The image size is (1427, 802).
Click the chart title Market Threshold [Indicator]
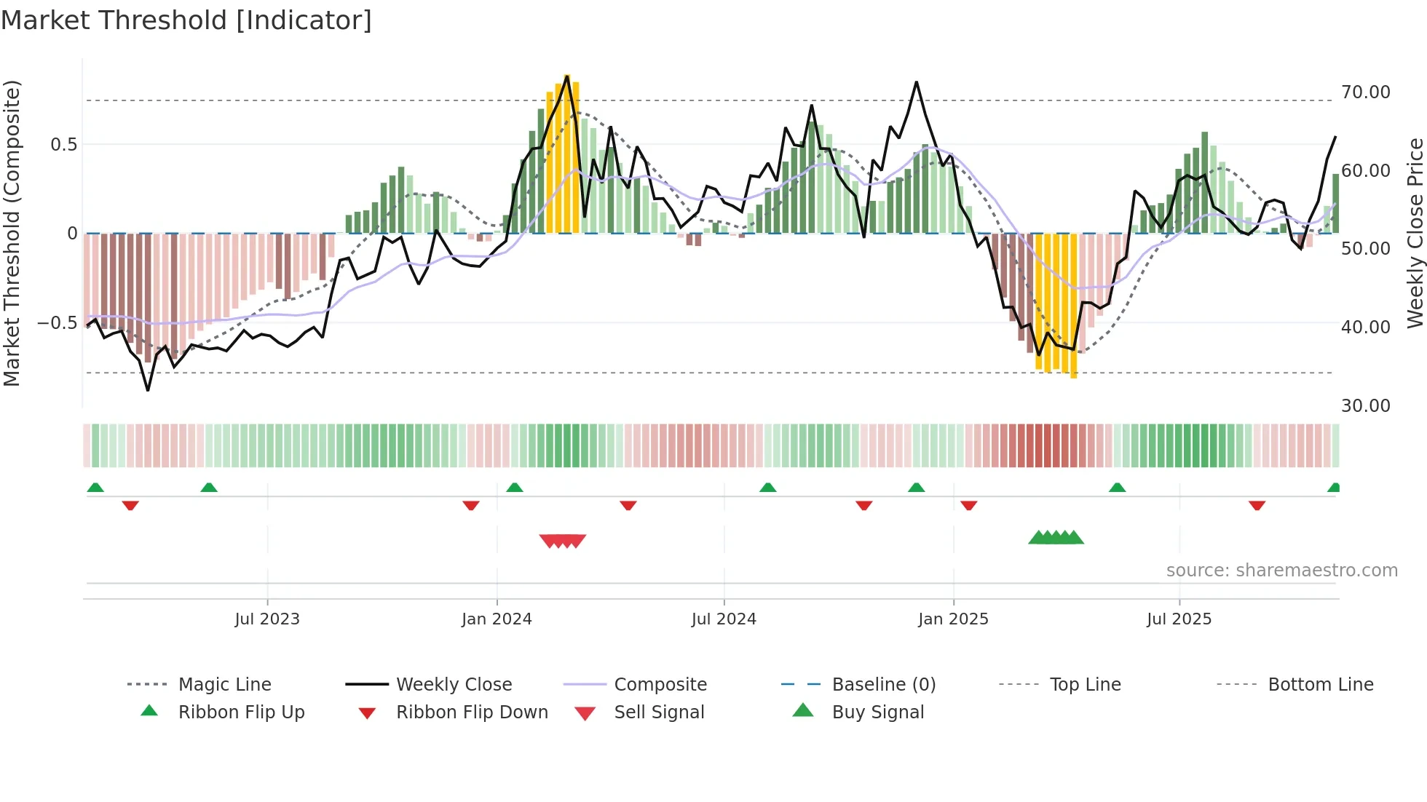[186, 20]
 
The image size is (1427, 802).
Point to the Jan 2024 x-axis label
[497, 619]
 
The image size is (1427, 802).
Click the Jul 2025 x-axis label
[1179, 619]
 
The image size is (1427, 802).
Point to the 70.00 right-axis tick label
[1365, 92]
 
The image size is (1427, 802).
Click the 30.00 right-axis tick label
[1365, 406]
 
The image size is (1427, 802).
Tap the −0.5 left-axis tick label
[57, 323]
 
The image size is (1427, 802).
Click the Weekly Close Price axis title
[1415, 233]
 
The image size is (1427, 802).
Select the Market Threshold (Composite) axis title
[12, 233]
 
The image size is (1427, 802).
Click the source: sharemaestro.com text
[1281, 571]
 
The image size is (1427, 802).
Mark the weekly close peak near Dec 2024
[916, 82]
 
